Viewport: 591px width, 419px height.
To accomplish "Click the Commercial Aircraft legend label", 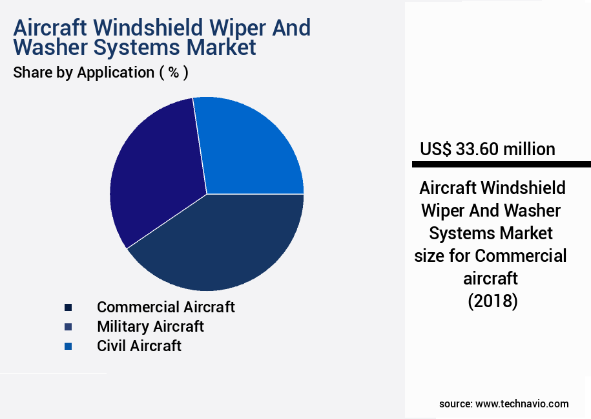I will pyautogui.click(x=166, y=306).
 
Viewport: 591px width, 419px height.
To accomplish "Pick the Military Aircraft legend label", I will pyautogui.click(x=150, y=326).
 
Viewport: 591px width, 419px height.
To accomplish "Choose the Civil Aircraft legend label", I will pyautogui.click(x=139, y=345).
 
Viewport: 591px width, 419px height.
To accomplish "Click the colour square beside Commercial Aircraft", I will pyautogui.click(x=68, y=307).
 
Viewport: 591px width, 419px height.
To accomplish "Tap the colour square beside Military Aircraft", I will pyautogui.click(x=68, y=327).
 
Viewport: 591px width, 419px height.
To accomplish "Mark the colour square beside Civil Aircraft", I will pyautogui.click(x=68, y=346).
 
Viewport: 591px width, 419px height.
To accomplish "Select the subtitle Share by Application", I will pyautogui.click(x=83, y=72).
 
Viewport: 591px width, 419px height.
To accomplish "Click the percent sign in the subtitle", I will pyautogui.click(x=173, y=72).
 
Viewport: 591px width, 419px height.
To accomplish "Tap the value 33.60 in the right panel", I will pyautogui.click(x=477, y=149).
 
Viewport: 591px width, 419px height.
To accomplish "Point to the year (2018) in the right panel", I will pyautogui.click(x=492, y=301).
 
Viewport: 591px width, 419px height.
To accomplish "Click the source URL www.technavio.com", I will pyautogui.click(x=522, y=403).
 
